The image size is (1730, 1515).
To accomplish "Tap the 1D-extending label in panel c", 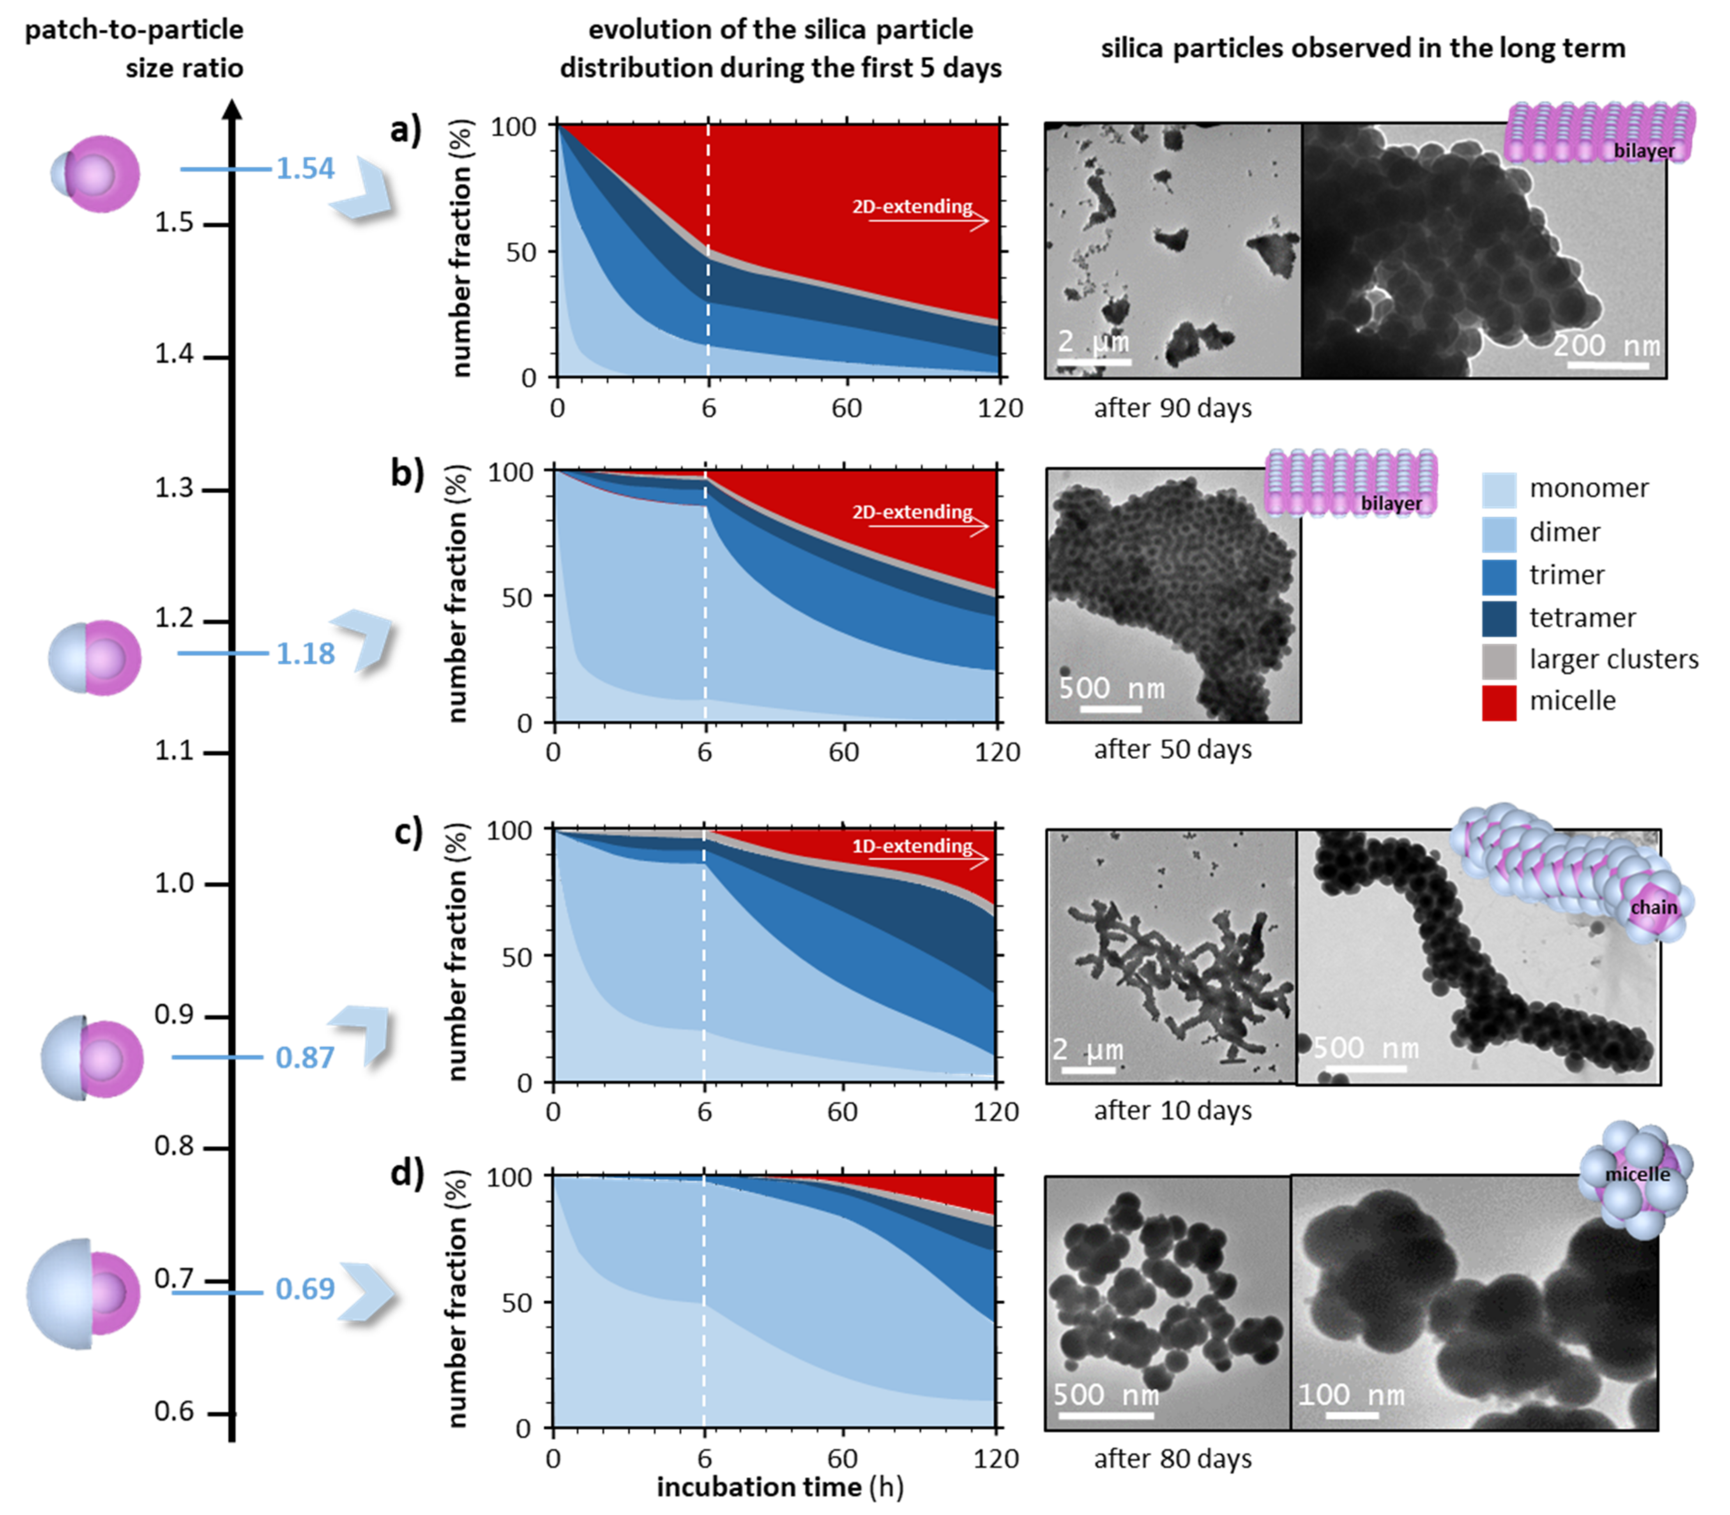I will [x=912, y=845].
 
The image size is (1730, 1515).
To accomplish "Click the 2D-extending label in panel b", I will [x=912, y=511].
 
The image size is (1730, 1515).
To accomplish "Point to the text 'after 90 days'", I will [x=1172, y=408].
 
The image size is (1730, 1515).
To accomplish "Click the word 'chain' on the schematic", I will [x=1653, y=907].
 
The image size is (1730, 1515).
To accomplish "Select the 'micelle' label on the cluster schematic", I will [x=1637, y=1174].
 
